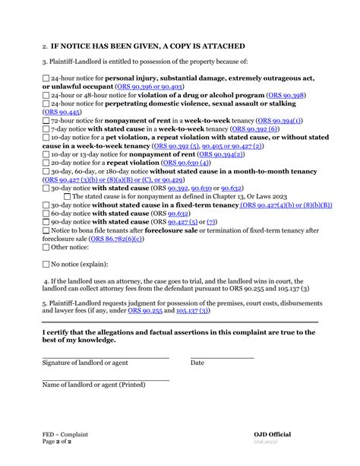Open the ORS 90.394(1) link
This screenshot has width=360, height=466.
point(279,121)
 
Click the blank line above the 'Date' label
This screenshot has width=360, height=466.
point(222,357)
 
